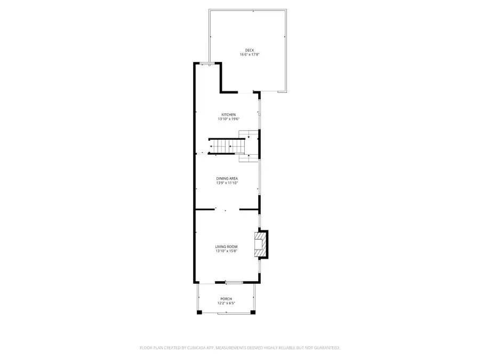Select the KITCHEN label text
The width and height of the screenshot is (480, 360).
click(x=228, y=115)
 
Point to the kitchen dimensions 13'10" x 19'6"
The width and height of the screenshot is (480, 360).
click(x=228, y=119)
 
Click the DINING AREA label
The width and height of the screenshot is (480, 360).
click(x=227, y=178)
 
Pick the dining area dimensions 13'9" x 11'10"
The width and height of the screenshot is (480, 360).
click(x=227, y=182)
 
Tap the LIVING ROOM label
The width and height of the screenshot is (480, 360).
click(x=226, y=246)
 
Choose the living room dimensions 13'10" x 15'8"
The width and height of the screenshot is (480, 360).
click(x=226, y=251)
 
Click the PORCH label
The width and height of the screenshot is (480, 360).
click(x=226, y=299)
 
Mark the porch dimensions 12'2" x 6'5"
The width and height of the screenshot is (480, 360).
click(x=226, y=303)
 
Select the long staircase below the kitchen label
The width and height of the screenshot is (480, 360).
click(x=227, y=146)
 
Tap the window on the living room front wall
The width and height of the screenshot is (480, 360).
click(x=234, y=282)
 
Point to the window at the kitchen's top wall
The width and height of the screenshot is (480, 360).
click(x=207, y=63)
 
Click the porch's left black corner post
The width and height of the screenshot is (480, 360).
click(x=199, y=311)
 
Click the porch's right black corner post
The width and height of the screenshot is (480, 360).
click(x=254, y=311)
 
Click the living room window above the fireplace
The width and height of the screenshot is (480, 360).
click(x=259, y=220)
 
